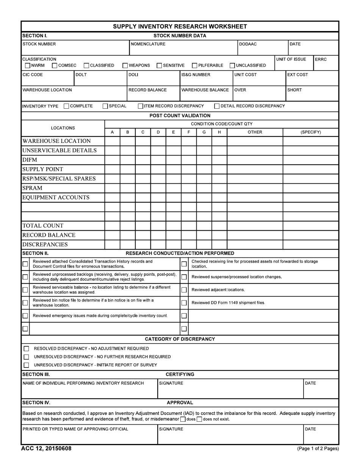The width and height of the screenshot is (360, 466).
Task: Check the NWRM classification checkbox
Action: (28, 66)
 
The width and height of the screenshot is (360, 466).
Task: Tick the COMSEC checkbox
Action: (55, 66)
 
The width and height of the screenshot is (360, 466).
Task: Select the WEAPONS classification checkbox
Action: (125, 66)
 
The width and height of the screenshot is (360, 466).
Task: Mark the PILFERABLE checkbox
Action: (195, 66)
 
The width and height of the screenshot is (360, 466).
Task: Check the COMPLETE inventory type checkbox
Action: (66, 106)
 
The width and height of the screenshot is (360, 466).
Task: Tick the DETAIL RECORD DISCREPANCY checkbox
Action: (217, 106)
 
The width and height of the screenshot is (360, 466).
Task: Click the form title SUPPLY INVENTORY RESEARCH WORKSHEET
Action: (180, 27)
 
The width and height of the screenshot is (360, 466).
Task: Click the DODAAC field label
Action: (248, 44)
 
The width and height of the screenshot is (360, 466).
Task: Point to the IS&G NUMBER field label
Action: (196, 75)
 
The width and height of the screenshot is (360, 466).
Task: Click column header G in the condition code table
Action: (204, 132)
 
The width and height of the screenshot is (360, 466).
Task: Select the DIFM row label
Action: (30, 160)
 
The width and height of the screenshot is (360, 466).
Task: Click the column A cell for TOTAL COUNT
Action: (112, 225)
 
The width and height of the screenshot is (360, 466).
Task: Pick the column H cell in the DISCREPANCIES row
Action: (219, 244)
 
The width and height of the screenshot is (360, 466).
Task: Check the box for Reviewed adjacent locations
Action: (184, 290)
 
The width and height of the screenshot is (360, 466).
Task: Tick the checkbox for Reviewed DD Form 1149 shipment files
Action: (184, 303)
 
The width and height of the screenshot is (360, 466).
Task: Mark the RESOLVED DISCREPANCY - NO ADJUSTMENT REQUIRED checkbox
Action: (26, 349)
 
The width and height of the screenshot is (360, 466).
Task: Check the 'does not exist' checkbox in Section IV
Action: (199, 419)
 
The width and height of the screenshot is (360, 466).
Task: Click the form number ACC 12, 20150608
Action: (46, 449)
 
